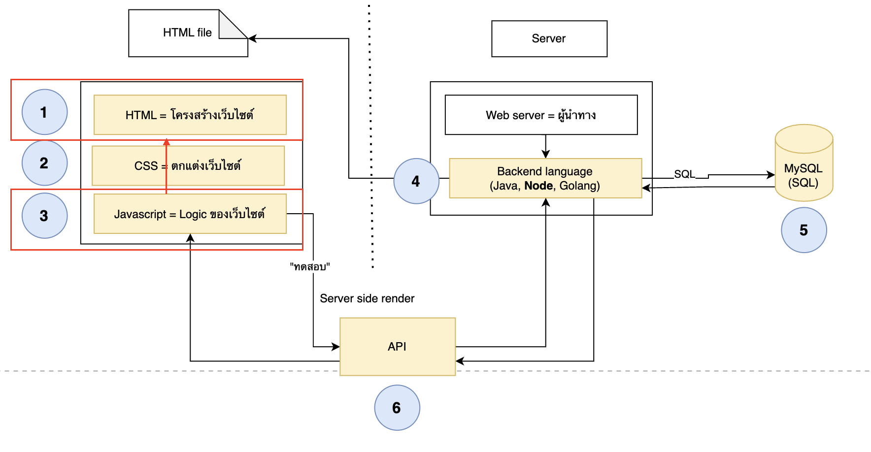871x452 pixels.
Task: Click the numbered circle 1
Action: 44,112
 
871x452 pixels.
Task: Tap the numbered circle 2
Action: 44,163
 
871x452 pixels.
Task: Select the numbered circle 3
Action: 44,216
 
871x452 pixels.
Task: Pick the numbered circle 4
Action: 416,181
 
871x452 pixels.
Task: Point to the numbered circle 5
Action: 804,230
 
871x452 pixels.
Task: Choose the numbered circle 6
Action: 397,408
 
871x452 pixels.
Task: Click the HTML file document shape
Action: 188,33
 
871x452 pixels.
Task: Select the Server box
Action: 549,38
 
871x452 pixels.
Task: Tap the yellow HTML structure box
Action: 190,115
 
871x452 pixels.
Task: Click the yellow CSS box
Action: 188,165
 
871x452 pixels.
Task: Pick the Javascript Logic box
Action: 190,214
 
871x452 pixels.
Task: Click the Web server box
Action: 541,115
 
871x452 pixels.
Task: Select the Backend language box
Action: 545,178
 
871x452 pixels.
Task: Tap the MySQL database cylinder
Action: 804,162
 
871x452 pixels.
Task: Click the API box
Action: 398,347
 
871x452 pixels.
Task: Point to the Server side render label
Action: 367,298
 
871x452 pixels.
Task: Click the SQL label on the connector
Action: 684,174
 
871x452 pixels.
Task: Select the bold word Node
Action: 538,186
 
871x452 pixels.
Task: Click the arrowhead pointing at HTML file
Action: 252,38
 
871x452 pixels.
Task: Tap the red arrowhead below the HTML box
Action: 167,142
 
